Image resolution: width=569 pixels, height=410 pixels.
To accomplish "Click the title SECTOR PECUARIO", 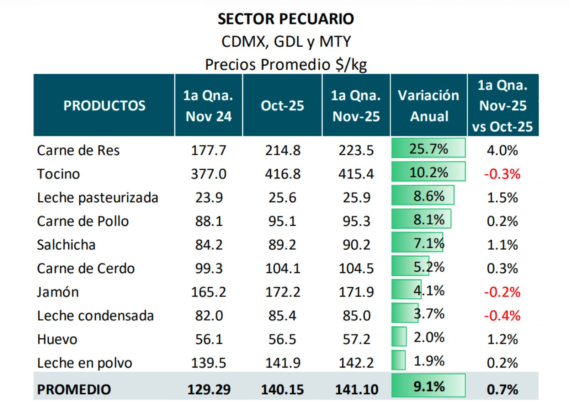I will click(286, 19).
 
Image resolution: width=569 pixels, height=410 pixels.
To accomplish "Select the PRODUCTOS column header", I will click(104, 106).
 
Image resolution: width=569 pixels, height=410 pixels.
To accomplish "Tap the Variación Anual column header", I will click(429, 106).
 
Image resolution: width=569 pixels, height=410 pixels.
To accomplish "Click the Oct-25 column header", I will click(282, 106).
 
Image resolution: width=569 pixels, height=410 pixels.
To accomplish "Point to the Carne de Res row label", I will click(78, 150).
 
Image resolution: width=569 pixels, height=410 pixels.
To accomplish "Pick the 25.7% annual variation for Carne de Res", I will click(429, 149).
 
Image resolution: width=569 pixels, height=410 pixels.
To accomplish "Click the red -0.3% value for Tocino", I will click(502, 174).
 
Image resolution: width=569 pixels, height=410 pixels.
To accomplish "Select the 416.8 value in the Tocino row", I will click(283, 174).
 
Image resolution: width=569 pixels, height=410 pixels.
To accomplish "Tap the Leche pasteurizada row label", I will click(97, 198).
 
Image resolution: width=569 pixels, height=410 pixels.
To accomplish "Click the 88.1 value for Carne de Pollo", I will click(209, 221).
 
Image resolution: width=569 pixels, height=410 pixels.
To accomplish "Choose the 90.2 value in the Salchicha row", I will click(356, 245).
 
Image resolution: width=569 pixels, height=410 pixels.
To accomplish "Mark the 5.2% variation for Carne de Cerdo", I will click(429, 267).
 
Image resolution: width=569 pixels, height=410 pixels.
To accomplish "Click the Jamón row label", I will click(58, 292).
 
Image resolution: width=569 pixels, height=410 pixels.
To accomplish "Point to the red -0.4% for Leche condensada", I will click(502, 315).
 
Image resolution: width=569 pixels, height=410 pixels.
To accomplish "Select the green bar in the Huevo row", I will click(399, 336).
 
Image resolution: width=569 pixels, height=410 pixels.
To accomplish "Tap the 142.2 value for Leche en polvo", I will click(356, 363).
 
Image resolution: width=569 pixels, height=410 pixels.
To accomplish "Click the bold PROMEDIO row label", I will click(74, 389).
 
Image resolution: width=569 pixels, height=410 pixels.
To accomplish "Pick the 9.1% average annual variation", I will click(429, 386).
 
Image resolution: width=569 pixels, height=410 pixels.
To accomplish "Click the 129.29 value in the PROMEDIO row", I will click(209, 389).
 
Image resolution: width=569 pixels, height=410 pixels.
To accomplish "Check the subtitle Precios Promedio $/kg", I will click(286, 65).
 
